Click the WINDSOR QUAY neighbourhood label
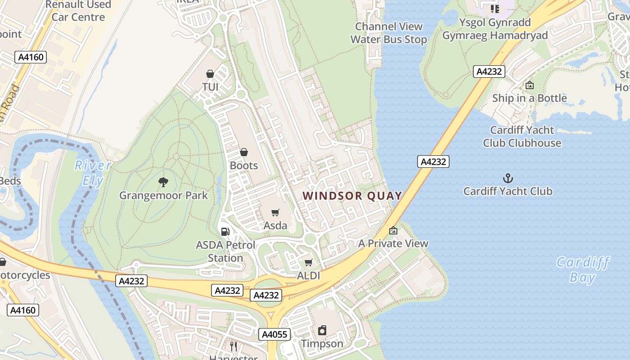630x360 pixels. pyautogui.click(x=352, y=196)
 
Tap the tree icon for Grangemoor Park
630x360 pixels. pyautogui.click(x=163, y=182)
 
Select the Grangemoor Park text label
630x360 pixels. pyautogui.click(x=163, y=195)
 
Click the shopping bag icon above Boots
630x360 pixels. pyautogui.click(x=244, y=153)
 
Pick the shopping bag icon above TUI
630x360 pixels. pyautogui.click(x=210, y=73)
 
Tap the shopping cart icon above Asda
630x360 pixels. pyautogui.click(x=275, y=212)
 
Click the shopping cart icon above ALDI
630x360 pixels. pyautogui.click(x=308, y=262)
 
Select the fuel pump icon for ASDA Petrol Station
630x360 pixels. pyautogui.click(x=225, y=232)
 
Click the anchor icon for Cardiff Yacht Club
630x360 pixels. pyautogui.click(x=508, y=178)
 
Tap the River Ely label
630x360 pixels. pyautogui.click(x=93, y=173)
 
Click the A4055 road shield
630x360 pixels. pyautogui.click(x=275, y=334)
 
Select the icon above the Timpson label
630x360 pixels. pyautogui.click(x=322, y=331)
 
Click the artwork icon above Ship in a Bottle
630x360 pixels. pyautogui.click(x=530, y=85)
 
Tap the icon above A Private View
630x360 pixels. pyautogui.click(x=393, y=230)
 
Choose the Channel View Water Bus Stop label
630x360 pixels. pyautogui.click(x=388, y=33)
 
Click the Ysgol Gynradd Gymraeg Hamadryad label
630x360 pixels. pyautogui.click(x=495, y=29)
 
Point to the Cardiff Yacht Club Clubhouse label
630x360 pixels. pyautogui.click(x=522, y=136)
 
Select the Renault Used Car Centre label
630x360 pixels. pyautogui.click(x=78, y=11)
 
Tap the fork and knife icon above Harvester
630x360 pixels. pyautogui.click(x=234, y=346)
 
